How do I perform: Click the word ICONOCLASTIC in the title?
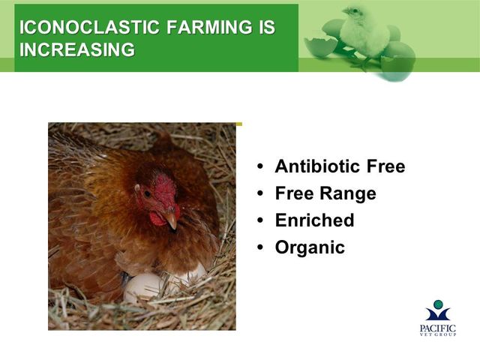[x=89, y=27]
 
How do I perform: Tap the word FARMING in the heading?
[x=207, y=27]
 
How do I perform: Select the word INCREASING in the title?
[x=77, y=49]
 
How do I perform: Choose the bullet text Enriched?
[x=315, y=220]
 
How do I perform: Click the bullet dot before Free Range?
[x=260, y=193]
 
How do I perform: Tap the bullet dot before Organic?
[x=260, y=247]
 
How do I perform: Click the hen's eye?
[x=147, y=193]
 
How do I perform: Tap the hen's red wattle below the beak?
[x=157, y=219]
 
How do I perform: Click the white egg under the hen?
[x=143, y=287]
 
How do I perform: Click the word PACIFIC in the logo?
[x=438, y=328]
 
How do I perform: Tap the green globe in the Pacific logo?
[x=438, y=304]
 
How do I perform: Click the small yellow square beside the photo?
[x=239, y=124]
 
